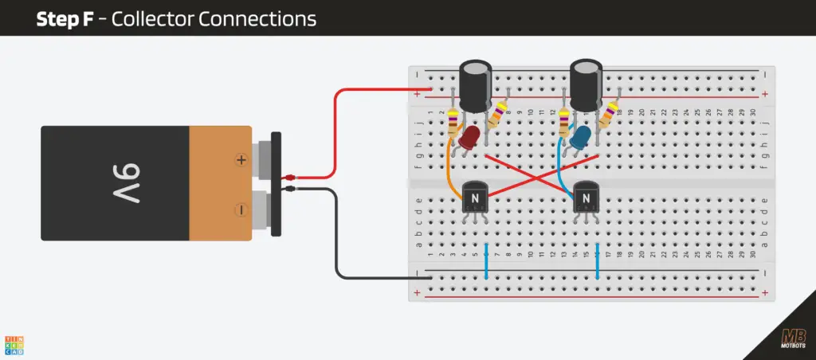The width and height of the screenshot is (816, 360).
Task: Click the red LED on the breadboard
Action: click(x=469, y=137)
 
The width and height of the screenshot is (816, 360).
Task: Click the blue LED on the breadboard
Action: click(x=580, y=137)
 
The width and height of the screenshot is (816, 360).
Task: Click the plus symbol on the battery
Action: click(x=241, y=160)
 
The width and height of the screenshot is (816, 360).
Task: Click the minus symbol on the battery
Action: click(x=241, y=209)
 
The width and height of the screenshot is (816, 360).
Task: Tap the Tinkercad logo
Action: click(x=14, y=343)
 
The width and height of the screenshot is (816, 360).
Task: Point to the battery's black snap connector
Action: click(x=277, y=183)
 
